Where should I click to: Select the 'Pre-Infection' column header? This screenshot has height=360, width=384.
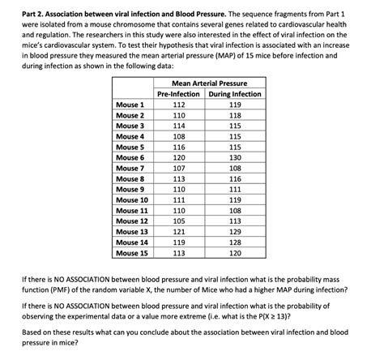pyautogui.click(x=179, y=94)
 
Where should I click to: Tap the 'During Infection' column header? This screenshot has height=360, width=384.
pyautogui.click(x=235, y=94)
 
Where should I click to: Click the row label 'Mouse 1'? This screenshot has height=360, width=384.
pyautogui.click(x=130, y=105)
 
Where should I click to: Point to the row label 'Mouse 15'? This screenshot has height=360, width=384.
pyautogui.click(x=132, y=252)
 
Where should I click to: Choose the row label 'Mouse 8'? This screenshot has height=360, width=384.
pyautogui.click(x=130, y=178)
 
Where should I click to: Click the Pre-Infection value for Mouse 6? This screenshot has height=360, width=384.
pyautogui.click(x=179, y=157)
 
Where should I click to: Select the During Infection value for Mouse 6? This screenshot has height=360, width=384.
pyautogui.click(x=235, y=157)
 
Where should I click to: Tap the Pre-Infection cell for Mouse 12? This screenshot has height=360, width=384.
pyautogui.click(x=179, y=221)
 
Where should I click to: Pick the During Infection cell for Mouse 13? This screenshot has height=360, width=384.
pyautogui.click(x=235, y=231)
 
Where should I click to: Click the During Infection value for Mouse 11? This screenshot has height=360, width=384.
pyautogui.click(x=235, y=210)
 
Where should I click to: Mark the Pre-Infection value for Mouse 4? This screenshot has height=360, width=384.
pyautogui.click(x=179, y=136)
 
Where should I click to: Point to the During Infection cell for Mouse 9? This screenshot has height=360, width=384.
pyautogui.click(x=235, y=189)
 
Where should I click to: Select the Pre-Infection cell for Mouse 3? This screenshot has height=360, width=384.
pyautogui.click(x=179, y=126)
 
